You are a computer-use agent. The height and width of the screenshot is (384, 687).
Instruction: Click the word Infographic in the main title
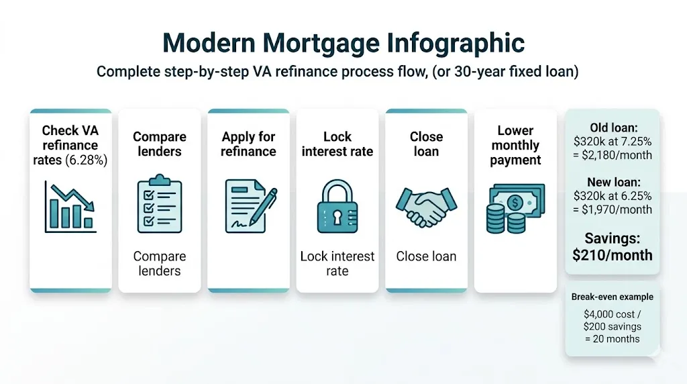click(x=456, y=44)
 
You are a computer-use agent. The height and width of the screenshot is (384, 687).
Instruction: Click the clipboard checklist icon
click(x=159, y=204)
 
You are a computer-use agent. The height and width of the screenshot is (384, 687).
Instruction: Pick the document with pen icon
click(x=249, y=205)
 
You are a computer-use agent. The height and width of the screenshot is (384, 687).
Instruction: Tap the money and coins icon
click(x=515, y=208)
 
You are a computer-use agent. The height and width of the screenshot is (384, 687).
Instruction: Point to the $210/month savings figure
click(x=612, y=255)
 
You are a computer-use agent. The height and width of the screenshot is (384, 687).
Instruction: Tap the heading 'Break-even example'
click(x=612, y=297)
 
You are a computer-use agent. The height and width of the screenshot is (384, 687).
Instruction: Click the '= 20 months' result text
click(x=612, y=339)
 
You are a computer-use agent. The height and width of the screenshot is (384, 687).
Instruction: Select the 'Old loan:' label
click(x=612, y=128)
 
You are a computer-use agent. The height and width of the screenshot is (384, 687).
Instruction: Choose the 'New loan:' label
click(x=612, y=182)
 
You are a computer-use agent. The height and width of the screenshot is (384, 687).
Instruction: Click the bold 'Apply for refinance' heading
click(x=248, y=144)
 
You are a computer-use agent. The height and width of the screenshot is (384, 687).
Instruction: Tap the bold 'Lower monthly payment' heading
click(x=515, y=145)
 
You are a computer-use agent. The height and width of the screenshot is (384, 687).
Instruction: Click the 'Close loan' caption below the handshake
click(x=426, y=256)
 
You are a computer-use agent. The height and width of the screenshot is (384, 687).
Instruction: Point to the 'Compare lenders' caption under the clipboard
click(x=159, y=264)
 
